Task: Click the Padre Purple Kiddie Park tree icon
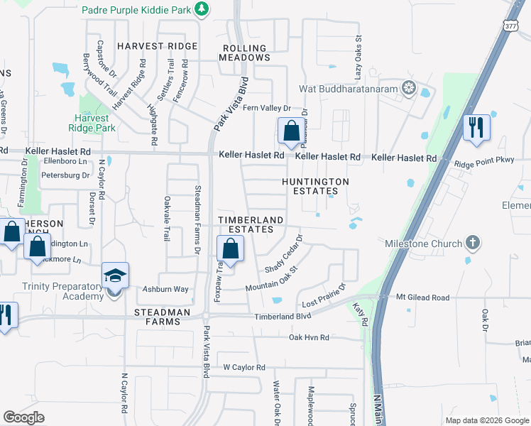(x=202, y=9)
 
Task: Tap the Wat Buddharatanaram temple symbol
(x=409, y=89)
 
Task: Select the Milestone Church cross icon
(x=472, y=244)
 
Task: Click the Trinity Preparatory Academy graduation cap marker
(x=116, y=275)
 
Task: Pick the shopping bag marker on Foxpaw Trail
(x=230, y=249)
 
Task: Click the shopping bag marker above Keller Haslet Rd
(x=291, y=131)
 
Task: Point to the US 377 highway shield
(x=511, y=26)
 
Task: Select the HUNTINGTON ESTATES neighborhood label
(x=315, y=186)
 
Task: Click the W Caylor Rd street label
(x=243, y=367)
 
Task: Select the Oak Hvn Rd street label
(x=309, y=337)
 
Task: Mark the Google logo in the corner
(x=23, y=417)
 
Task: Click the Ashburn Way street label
(x=165, y=289)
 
